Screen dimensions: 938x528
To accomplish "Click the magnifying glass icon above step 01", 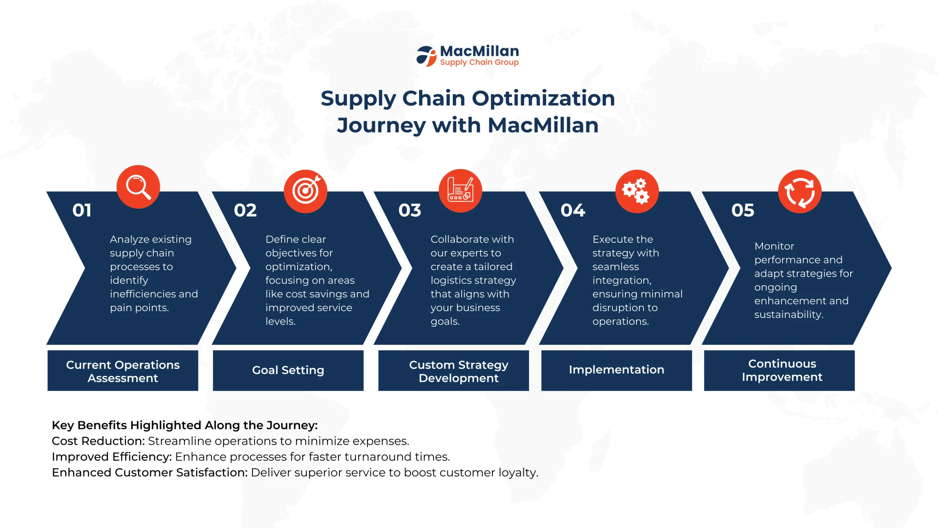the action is [138, 187].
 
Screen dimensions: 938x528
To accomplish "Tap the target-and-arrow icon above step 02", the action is [305, 191].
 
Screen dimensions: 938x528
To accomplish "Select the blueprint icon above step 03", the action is [460, 191].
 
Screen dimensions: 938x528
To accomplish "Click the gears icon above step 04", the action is [637, 191].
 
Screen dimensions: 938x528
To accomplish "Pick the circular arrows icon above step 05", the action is [800, 191].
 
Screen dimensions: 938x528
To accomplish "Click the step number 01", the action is [82, 210].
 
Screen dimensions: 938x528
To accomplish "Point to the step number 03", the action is [410, 210].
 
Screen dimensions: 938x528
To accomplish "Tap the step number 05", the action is [743, 210].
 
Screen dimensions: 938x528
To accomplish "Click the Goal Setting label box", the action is [288, 370].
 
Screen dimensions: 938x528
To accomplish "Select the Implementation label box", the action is [617, 370].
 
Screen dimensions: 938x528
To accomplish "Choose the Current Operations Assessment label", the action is [123, 371].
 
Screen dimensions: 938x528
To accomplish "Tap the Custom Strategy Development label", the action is [459, 371].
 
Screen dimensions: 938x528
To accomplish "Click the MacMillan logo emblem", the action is [426, 56].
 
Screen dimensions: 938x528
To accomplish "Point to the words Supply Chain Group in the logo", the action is [479, 62].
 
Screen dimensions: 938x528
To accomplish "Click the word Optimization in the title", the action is [543, 99].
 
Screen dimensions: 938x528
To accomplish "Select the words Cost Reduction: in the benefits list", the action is [99, 441].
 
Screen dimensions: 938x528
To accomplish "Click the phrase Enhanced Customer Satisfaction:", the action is [150, 472].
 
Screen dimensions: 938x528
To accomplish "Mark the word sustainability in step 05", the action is [789, 315].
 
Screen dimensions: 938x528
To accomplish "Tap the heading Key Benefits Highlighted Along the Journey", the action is [185, 425].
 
